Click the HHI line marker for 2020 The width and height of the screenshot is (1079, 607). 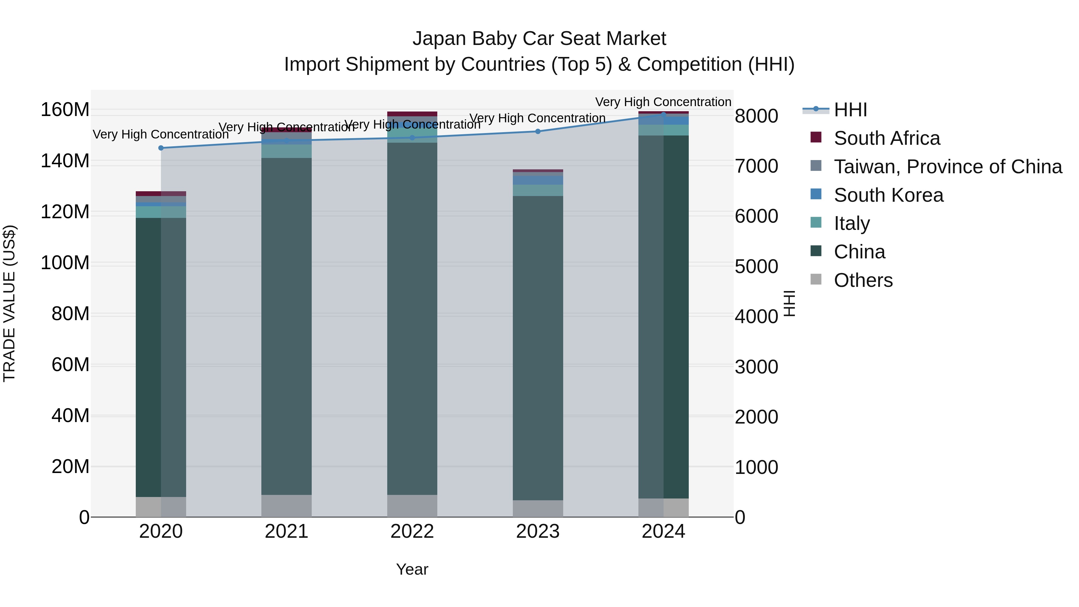(x=161, y=148)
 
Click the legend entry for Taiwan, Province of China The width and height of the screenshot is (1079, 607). (x=947, y=167)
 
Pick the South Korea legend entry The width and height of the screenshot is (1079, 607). (x=888, y=195)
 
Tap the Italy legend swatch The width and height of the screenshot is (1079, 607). (x=816, y=222)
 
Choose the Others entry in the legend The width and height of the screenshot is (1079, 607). (x=863, y=280)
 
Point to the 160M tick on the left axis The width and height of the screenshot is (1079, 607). (x=65, y=110)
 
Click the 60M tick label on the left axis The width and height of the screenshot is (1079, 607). (x=70, y=364)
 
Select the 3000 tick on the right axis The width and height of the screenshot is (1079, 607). (x=756, y=367)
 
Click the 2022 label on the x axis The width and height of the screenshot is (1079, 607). (x=412, y=531)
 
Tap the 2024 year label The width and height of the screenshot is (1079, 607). (x=664, y=531)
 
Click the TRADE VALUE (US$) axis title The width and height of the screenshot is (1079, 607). (x=9, y=303)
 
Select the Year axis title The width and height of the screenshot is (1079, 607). (x=412, y=569)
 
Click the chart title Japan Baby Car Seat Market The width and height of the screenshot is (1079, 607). (x=539, y=39)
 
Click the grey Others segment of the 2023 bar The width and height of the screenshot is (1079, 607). (x=538, y=509)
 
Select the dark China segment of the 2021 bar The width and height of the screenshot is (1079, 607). (x=287, y=327)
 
